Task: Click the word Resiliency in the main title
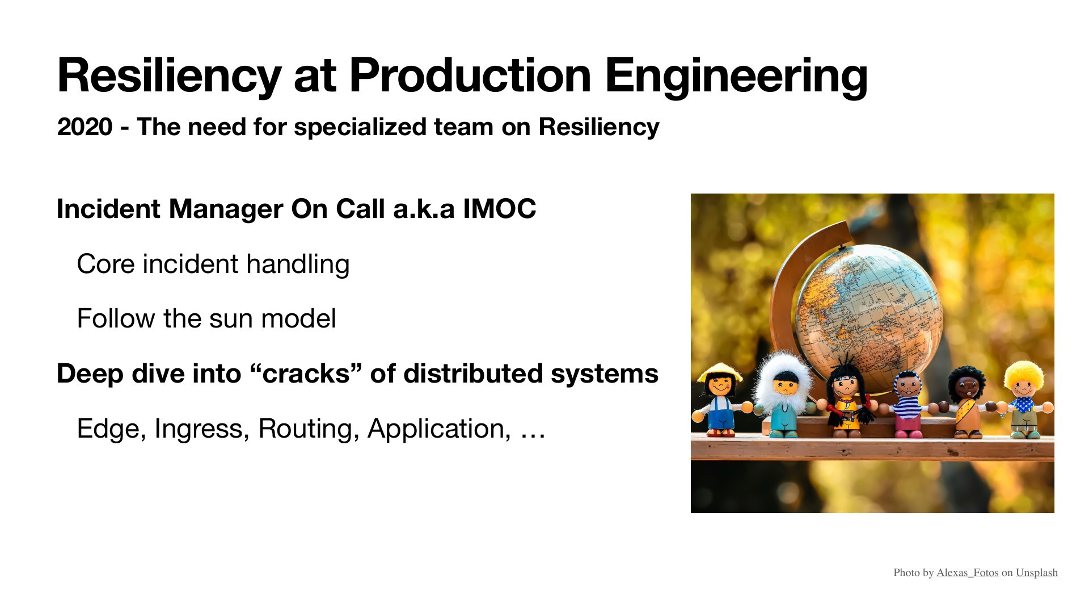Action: (x=169, y=76)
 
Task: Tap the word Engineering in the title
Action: (x=736, y=76)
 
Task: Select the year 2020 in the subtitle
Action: (x=85, y=127)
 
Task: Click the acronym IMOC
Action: (x=499, y=208)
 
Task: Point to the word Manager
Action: (x=226, y=209)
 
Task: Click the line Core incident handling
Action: (x=213, y=264)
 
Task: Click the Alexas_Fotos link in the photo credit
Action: (x=967, y=573)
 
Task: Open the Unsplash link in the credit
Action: (x=1037, y=573)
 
